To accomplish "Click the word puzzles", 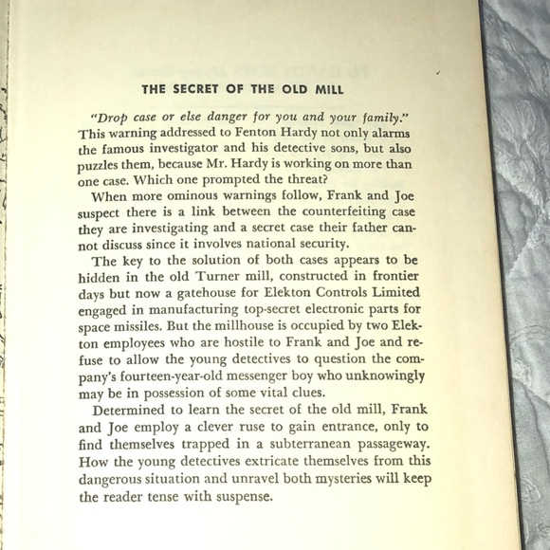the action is click(109, 167).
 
